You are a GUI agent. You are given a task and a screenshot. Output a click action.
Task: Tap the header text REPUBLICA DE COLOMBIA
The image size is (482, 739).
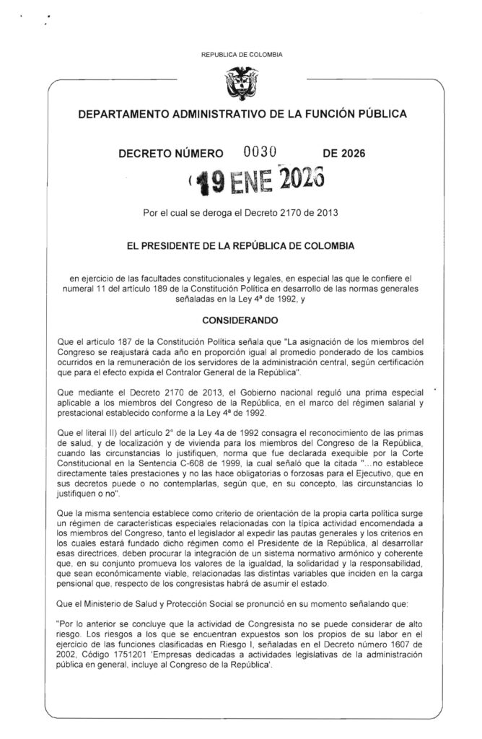240,55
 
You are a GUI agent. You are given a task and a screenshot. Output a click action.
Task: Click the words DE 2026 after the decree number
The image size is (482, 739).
344,153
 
